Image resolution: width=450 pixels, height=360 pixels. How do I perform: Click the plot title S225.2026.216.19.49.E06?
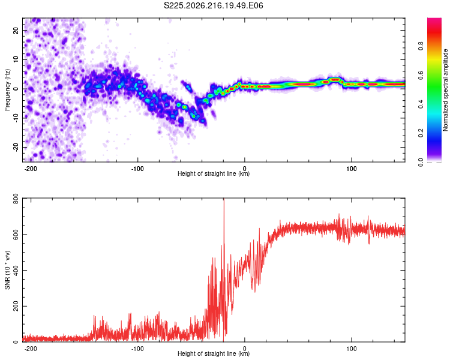point(213,5)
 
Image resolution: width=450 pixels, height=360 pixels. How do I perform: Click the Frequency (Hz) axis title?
point(7,90)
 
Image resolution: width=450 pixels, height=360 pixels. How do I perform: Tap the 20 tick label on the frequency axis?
point(16,30)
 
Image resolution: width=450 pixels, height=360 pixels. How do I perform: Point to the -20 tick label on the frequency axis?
point(16,148)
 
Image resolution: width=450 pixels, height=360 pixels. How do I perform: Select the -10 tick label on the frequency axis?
point(16,118)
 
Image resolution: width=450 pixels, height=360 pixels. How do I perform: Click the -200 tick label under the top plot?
point(31,169)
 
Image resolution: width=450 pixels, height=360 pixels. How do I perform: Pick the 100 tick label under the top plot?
point(351,169)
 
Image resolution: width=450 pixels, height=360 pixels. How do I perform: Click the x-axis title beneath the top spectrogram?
point(214,173)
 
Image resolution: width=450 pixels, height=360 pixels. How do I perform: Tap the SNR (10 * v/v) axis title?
point(7,270)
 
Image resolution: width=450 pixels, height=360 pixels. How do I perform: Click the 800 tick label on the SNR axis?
point(16,199)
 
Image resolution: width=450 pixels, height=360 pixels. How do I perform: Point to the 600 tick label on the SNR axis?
point(16,235)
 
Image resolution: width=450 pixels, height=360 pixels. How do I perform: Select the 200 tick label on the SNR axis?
point(16,307)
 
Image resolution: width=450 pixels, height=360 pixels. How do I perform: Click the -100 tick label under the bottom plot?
point(137,349)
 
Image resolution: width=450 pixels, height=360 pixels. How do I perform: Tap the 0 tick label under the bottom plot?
point(245,349)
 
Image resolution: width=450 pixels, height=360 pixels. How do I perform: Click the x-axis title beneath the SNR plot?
point(214,353)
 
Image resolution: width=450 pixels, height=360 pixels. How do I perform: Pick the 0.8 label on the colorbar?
point(421,46)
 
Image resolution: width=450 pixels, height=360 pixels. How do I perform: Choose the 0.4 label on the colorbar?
point(421,104)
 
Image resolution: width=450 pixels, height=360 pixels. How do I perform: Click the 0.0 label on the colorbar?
point(421,162)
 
